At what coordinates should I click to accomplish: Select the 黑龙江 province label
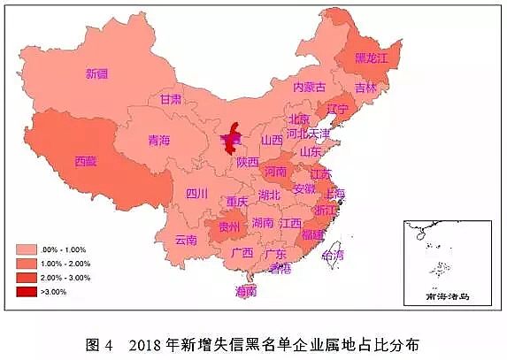pyautogui.click(x=372, y=57)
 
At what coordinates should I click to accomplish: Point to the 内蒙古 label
pyautogui.click(x=309, y=87)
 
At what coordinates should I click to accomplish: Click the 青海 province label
pyautogui.click(x=159, y=140)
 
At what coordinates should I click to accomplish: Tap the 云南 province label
pyautogui.click(x=186, y=240)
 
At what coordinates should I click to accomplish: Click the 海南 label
pyautogui.click(x=246, y=290)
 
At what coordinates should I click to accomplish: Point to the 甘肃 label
pyautogui.click(x=171, y=99)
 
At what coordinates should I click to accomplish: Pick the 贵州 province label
pyautogui.click(x=228, y=227)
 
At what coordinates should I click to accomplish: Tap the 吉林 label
pyautogui.click(x=365, y=88)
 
